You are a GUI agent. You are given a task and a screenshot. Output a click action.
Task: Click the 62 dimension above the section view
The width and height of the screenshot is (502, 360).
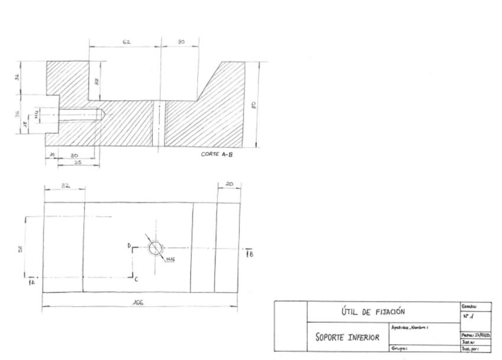tap(126, 43)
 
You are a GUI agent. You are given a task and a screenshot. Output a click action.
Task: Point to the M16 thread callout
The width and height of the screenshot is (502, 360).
tap(170, 259)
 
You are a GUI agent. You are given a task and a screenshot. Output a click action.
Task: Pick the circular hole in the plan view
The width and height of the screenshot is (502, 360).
tap(156, 247)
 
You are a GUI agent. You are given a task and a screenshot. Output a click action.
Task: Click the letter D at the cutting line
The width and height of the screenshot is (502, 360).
tap(129, 245)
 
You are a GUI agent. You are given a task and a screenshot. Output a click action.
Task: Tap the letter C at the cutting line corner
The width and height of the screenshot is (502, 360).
tap(137, 278)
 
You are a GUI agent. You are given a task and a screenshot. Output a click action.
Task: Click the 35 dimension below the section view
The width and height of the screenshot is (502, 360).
tap(78, 161)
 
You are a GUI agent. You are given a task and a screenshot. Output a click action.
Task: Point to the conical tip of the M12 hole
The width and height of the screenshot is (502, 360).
tap(103, 112)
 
